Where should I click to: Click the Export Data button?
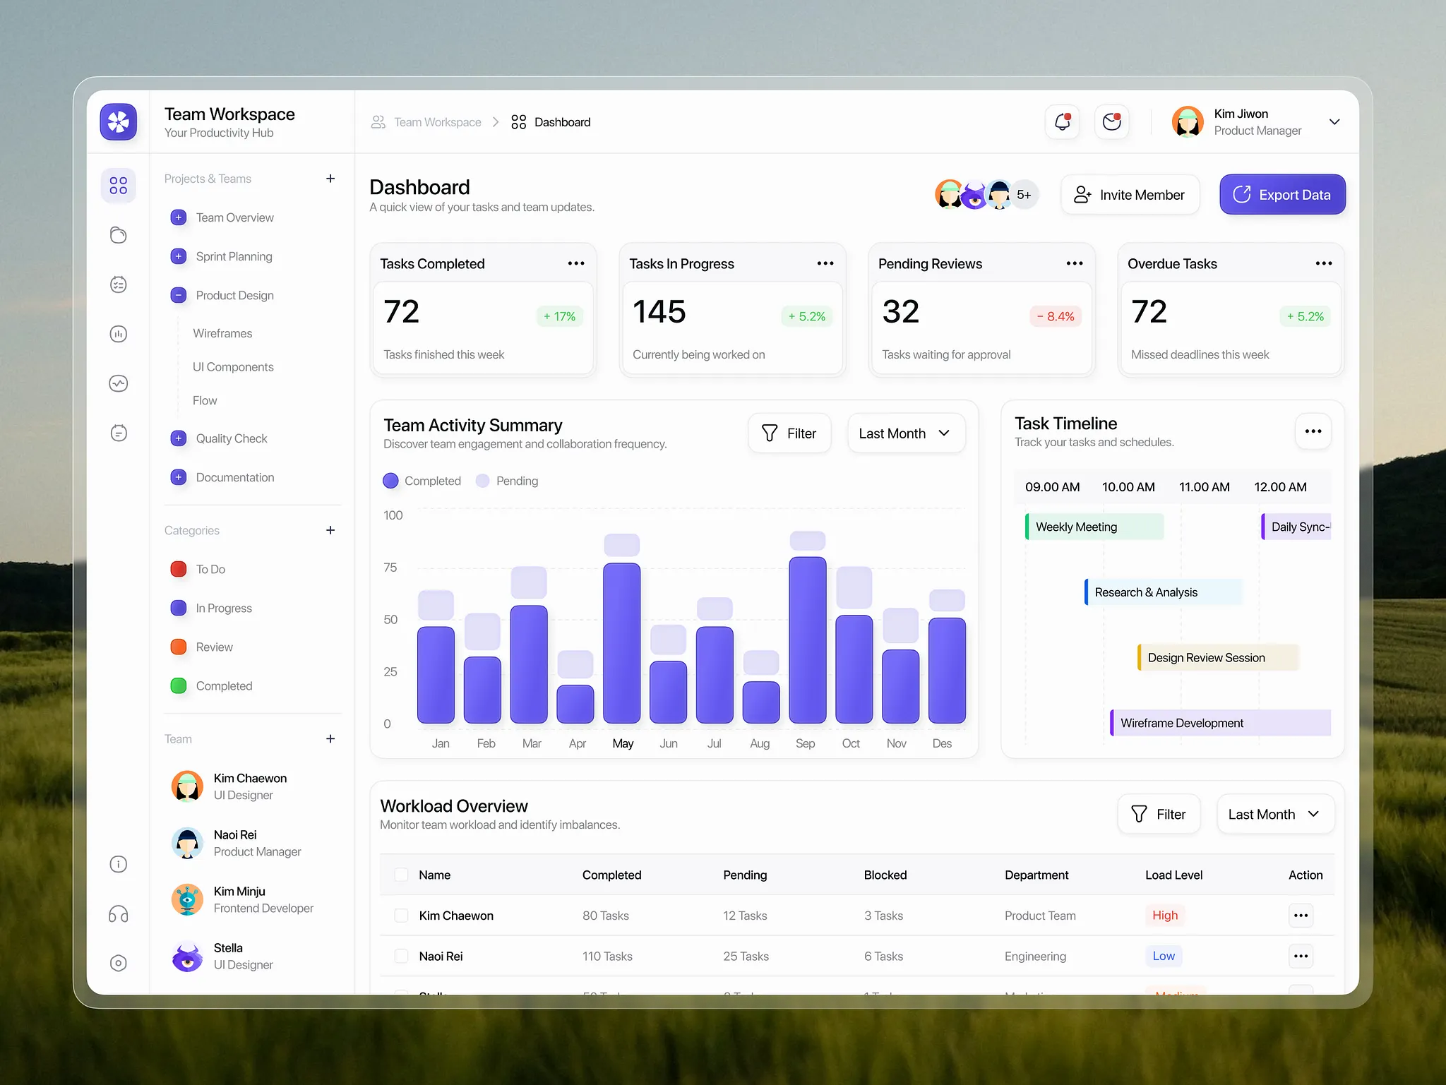click(x=1282, y=195)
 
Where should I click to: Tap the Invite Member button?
click(x=1130, y=195)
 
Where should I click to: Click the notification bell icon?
click(x=1062, y=122)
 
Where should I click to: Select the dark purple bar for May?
click(x=621, y=642)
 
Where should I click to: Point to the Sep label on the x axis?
click(x=805, y=743)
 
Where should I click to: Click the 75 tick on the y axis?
click(x=390, y=568)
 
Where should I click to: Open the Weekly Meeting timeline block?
click(x=1094, y=527)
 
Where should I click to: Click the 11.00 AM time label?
click(x=1204, y=487)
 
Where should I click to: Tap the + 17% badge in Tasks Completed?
click(x=559, y=316)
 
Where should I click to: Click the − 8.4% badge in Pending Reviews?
click(x=1056, y=316)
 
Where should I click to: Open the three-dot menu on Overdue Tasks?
click(x=1323, y=263)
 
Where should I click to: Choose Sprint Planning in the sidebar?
click(x=234, y=256)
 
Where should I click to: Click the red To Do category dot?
click(x=179, y=569)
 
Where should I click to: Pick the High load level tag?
click(x=1164, y=916)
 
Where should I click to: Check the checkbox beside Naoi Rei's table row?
click(x=401, y=956)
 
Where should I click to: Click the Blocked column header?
click(x=885, y=875)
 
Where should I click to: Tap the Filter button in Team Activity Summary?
click(x=789, y=433)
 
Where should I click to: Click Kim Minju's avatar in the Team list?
click(x=187, y=899)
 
